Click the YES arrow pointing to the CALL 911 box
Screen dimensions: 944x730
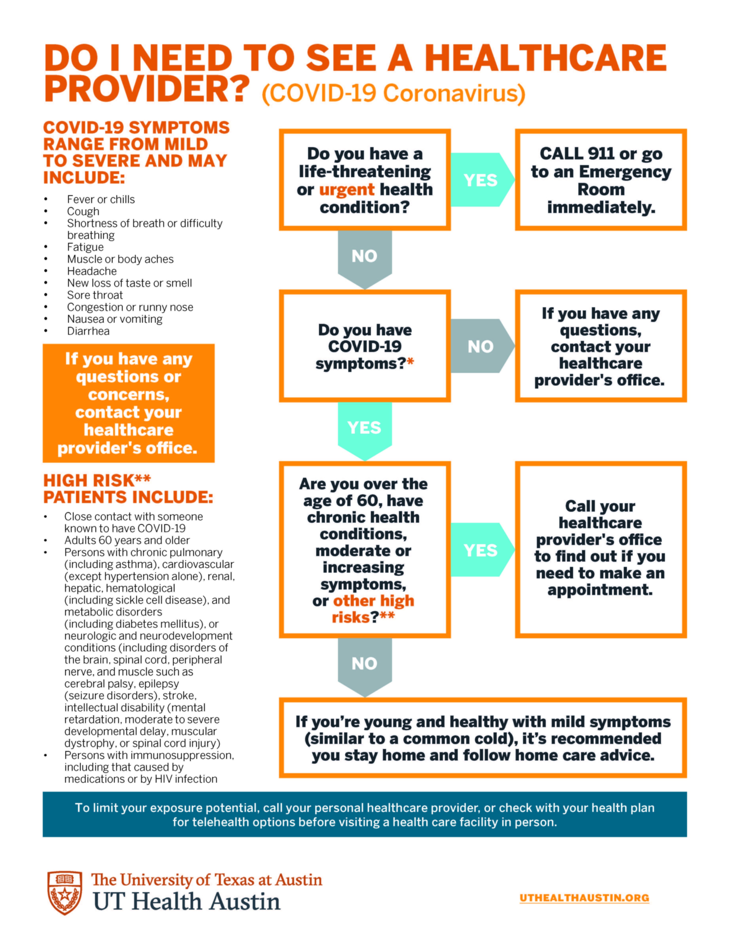480,180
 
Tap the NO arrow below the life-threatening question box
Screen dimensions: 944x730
364,256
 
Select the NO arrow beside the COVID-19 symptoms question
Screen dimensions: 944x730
480,346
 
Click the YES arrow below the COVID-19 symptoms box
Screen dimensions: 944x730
364,428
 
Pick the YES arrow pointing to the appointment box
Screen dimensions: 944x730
480,550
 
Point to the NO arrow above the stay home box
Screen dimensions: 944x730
364,663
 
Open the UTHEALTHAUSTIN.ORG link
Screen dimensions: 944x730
584,898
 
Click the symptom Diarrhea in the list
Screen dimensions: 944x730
88,331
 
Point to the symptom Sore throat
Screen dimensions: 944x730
95,295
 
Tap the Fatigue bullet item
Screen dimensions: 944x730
85,247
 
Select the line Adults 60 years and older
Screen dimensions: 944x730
127,540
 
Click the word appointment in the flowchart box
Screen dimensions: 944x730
600,590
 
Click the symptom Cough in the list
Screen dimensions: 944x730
83,211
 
